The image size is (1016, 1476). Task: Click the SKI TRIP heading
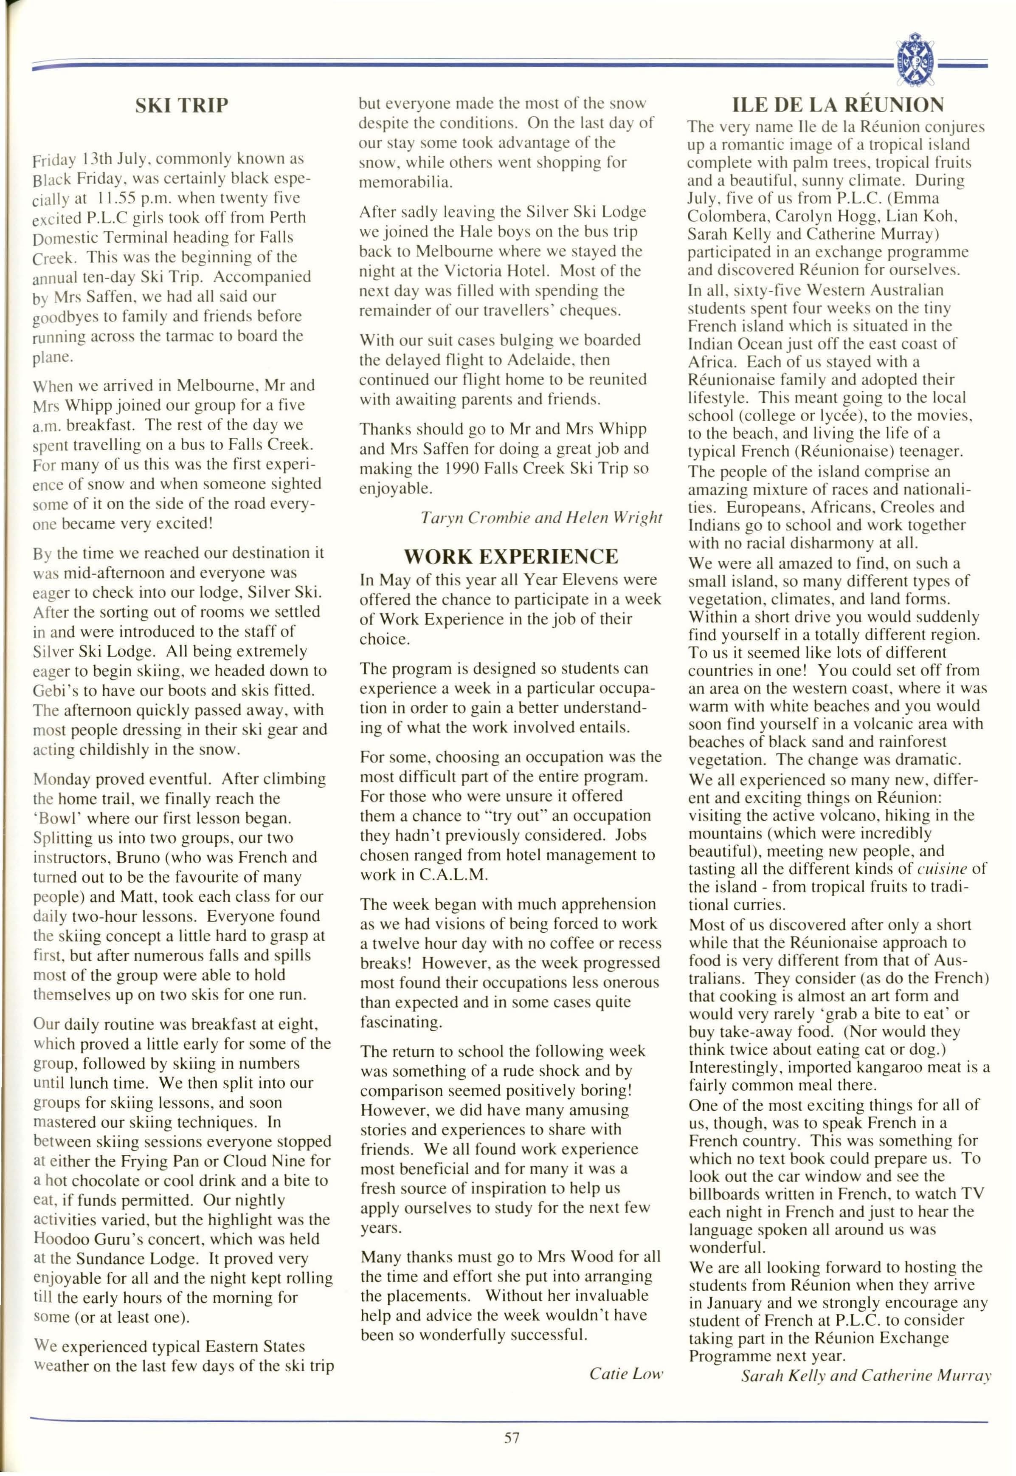[x=181, y=104]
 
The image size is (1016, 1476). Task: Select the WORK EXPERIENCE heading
[x=511, y=556]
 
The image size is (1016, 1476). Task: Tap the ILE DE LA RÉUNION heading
[x=838, y=104]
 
